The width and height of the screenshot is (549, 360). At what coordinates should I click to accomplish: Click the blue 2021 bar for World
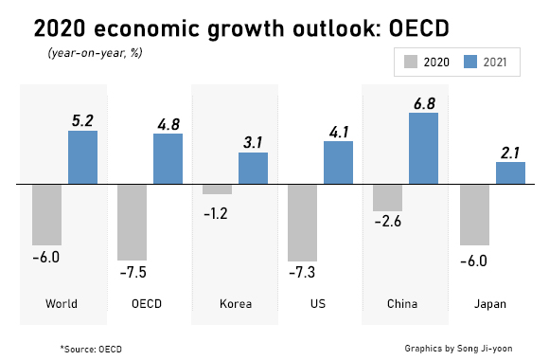pyautogui.click(x=82, y=157)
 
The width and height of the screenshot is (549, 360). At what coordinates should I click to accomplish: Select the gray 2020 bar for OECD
pyautogui.click(x=133, y=222)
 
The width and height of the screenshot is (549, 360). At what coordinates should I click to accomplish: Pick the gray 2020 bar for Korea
pyautogui.click(x=218, y=189)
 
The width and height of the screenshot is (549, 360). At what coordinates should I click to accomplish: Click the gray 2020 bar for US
pyautogui.click(x=303, y=223)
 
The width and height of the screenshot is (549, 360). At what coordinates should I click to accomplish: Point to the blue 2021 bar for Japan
pyautogui.click(x=510, y=173)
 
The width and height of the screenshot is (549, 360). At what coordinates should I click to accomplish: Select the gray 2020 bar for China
pyautogui.click(x=388, y=197)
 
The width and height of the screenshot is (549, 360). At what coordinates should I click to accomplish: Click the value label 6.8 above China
pyautogui.click(x=423, y=99)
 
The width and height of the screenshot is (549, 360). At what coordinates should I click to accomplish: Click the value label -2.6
pyautogui.click(x=388, y=224)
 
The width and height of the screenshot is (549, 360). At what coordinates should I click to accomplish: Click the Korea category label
pyautogui.click(x=235, y=304)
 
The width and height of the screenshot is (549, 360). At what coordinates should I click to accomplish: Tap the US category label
pyautogui.click(x=320, y=304)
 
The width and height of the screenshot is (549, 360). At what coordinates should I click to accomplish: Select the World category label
pyautogui.click(x=62, y=304)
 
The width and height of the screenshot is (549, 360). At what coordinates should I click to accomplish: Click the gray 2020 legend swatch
pyautogui.click(x=411, y=63)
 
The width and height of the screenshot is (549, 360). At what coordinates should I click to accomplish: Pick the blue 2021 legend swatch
pyautogui.click(x=472, y=63)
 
